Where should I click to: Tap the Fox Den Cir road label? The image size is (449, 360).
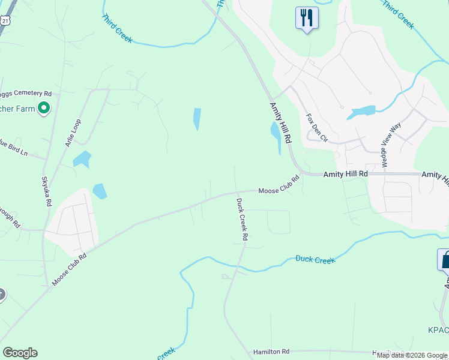click(x=317, y=128)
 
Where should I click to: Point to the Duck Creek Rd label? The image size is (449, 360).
click(x=241, y=219)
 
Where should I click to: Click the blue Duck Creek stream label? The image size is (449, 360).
click(x=315, y=259)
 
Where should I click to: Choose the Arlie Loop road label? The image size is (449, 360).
click(x=73, y=133)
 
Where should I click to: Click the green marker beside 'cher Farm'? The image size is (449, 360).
click(x=43, y=109)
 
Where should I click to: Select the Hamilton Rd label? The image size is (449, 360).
click(x=271, y=352)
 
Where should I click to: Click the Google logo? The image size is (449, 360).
click(x=20, y=353)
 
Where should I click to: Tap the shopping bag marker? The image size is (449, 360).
click(x=445, y=260)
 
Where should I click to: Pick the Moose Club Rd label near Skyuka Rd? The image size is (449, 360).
click(x=70, y=269)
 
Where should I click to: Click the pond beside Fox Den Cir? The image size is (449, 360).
click(x=361, y=112)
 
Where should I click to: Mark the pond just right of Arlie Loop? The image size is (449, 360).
click(x=82, y=159)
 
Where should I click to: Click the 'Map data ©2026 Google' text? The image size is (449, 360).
click(x=412, y=355)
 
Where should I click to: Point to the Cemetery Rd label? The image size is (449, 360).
click(x=26, y=94)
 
